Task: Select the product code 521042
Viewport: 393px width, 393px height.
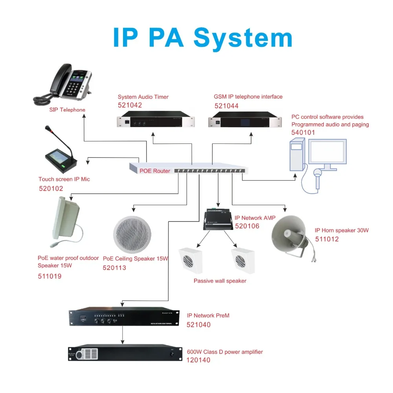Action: (x=130, y=105)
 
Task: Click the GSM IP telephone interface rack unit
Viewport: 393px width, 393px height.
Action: (x=245, y=119)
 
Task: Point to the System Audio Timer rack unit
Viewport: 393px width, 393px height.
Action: (x=156, y=119)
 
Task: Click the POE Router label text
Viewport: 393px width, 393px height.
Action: (x=155, y=171)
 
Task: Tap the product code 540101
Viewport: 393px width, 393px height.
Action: (x=303, y=133)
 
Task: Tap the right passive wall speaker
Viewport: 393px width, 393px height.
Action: (x=243, y=260)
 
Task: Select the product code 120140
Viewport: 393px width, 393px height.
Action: (x=198, y=360)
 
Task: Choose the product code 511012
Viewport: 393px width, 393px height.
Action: (x=327, y=239)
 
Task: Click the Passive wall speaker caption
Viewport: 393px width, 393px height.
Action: (x=220, y=281)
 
